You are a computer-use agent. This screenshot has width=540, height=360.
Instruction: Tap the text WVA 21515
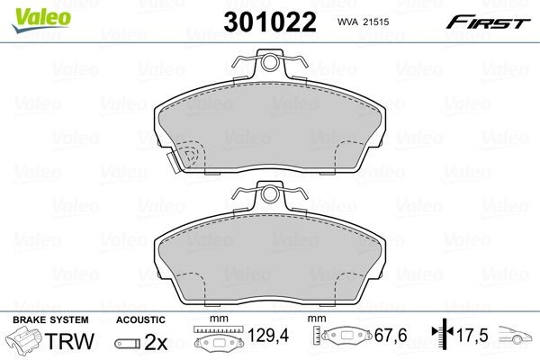365,22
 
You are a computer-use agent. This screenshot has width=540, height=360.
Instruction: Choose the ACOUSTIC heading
140,319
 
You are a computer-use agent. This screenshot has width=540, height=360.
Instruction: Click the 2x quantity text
155,343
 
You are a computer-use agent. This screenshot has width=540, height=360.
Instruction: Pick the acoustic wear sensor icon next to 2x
128,344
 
